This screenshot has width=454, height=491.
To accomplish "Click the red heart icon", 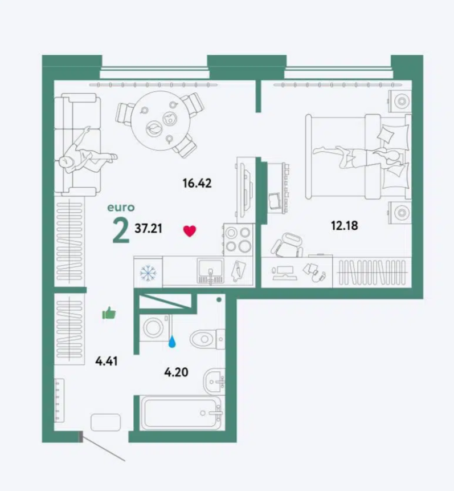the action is (190, 231).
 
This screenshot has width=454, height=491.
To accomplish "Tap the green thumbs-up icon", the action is (109, 313).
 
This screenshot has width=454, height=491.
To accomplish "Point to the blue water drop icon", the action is (172, 342).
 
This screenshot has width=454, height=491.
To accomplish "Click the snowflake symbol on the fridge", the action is (148, 273).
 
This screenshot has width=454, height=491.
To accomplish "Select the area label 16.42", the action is (197, 183).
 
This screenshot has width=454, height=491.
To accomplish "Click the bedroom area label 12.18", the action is (345, 225).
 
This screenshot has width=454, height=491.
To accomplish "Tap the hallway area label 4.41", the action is (107, 361).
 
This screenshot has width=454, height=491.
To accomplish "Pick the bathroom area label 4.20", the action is (176, 372).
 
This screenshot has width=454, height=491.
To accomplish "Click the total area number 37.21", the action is (148, 229).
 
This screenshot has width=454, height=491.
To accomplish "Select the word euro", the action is (121, 208).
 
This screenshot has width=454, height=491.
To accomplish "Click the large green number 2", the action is (121, 230).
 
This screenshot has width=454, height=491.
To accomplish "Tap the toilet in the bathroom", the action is (207, 339).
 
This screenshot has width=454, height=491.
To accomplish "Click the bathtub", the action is (182, 413).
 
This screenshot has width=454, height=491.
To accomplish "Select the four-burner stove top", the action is (238, 240).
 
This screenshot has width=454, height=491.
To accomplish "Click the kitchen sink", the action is (210, 271).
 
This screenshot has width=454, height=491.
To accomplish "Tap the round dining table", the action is (161, 120).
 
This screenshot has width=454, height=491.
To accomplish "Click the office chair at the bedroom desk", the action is (287, 245).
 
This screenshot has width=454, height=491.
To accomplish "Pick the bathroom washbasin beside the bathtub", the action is (214, 381).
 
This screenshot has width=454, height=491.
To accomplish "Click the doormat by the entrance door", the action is (106, 422).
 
